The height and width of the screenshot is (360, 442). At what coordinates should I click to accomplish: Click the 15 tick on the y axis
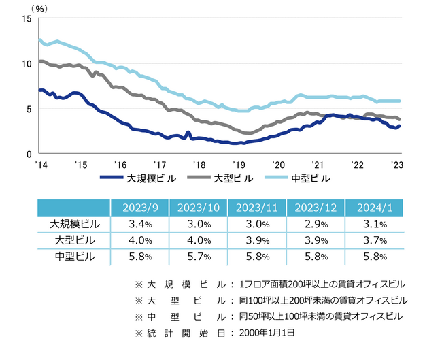tap(27, 19)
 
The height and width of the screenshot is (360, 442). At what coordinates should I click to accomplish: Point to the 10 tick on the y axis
tap(27, 64)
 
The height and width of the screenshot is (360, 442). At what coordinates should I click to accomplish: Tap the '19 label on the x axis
tap(239, 165)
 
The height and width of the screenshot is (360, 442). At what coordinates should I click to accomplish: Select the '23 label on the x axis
tap(396, 165)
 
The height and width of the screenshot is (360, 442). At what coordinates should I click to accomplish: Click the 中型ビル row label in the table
tap(74, 257)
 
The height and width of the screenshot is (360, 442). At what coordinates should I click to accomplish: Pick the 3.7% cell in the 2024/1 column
tap(374, 241)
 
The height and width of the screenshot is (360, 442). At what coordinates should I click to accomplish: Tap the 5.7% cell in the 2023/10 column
tap(197, 257)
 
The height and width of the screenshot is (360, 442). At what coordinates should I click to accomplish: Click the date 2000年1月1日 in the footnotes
tap(269, 333)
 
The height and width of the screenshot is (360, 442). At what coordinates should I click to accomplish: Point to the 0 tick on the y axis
tap(29, 154)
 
